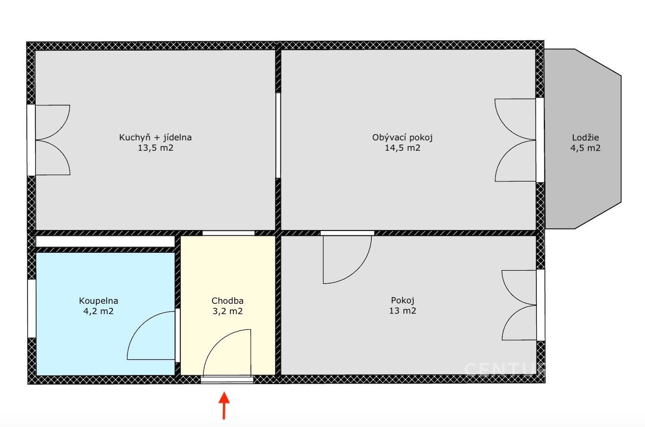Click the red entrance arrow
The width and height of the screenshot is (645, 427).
(224, 405)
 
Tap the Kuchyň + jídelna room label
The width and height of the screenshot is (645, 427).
(155, 137)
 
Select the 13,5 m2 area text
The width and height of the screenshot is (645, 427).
(155, 148)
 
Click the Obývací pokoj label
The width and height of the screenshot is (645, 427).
(402, 137)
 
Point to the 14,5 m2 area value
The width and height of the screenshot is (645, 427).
(403, 148)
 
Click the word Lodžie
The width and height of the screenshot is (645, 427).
(586, 138)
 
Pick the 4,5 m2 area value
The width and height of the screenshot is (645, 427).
(586, 148)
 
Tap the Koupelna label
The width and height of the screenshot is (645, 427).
(99, 301)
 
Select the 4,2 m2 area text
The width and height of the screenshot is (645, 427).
(99, 311)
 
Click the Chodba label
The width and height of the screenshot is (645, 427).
(228, 301)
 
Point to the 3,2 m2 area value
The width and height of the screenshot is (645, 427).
(228, 311)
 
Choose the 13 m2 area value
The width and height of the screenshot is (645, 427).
(403, 311)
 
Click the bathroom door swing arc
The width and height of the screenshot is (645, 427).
(141, 325)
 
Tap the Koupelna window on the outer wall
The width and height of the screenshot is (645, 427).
(32, 308)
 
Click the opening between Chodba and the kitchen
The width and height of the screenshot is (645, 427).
(229, 233)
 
